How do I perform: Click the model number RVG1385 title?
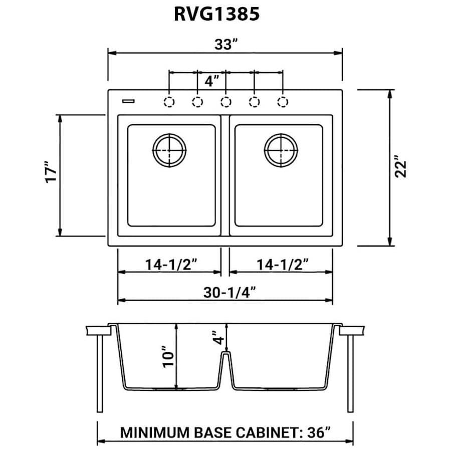(x=216, y=14)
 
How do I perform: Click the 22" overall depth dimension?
(x=400, y=169)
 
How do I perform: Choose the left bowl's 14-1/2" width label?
(x=171, y=263)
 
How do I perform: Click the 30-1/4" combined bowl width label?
(x=230, y=291)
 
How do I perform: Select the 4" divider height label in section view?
(x=214, y=339)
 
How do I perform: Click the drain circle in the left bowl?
(x=169, y=150)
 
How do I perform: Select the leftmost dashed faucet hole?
(x=169, y=102)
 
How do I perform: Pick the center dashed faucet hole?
(x=226, y=102)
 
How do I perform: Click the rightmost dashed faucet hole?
(x=283, y=102)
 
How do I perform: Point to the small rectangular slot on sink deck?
(x=129, y=102)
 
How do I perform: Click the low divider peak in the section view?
(x=226, y=355)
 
